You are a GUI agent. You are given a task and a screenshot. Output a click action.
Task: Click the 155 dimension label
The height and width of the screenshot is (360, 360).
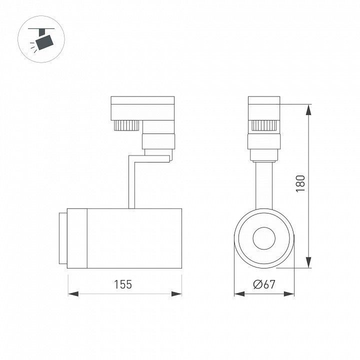point(123,284)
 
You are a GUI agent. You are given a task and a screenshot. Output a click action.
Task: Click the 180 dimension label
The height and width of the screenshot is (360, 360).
point(300,183)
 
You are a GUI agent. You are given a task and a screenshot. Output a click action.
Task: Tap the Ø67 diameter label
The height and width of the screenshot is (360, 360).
point(264,284)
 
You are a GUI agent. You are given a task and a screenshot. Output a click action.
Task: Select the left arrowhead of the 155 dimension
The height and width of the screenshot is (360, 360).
point(73,294)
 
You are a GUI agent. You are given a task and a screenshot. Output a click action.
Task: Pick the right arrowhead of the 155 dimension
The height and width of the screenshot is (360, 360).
point(176,294)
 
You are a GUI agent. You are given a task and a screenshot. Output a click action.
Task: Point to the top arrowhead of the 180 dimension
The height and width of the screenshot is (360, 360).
point(308,109)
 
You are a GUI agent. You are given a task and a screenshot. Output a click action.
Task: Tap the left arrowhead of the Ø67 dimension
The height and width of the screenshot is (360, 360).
point(239,294)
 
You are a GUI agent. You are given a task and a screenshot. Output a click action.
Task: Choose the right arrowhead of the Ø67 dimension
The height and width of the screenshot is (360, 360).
point(289,294)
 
